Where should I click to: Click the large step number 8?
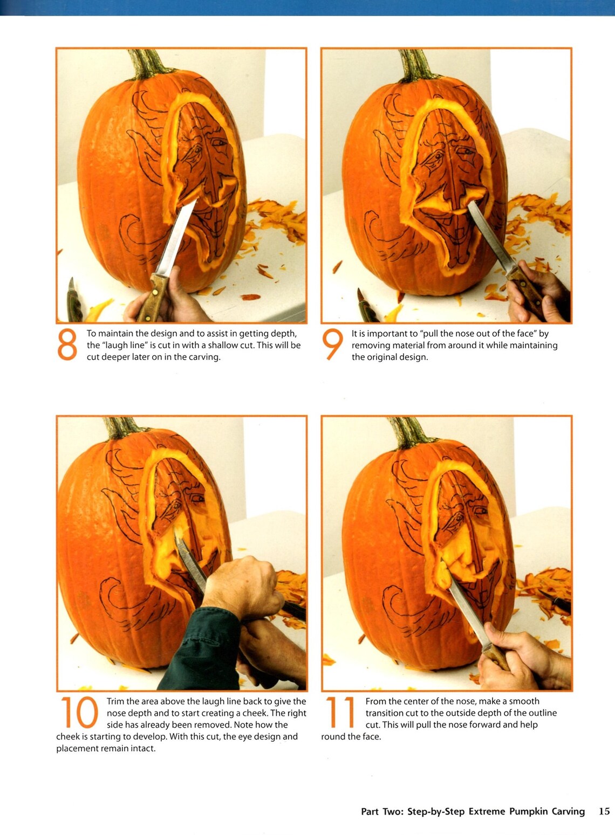67,346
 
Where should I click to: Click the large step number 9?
332,346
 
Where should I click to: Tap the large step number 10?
79,713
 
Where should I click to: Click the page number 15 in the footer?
604,811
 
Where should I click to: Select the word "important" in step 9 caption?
388,334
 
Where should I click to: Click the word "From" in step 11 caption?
377,701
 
